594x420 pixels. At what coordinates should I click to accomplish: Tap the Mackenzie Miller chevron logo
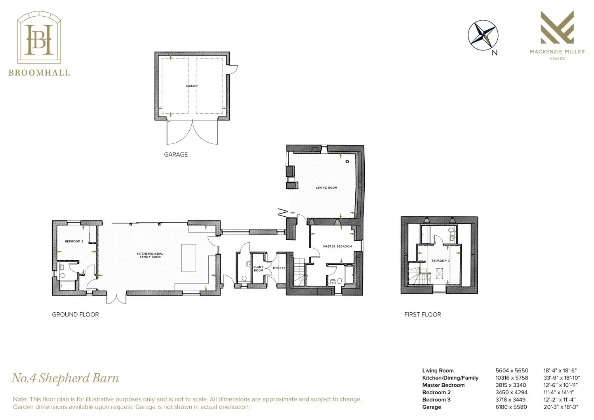tap(557, 27)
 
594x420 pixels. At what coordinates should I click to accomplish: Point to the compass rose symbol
tap(483, 35)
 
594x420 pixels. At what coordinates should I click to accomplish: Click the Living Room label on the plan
tap(326, 187)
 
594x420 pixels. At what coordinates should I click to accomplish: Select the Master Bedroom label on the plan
tap(337, 246)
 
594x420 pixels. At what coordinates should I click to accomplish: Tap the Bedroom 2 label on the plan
tap(74, 241)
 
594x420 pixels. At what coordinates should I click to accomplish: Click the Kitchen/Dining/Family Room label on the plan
tap(150, 255)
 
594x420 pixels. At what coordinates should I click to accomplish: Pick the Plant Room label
tap(258, 269)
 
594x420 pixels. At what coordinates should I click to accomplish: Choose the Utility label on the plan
tap(279, 268)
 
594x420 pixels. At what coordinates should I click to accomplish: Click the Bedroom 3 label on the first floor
tap(441, 261)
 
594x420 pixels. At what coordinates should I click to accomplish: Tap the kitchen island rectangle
tap(188, 258)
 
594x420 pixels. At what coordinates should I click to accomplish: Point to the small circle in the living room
tap(347, 162)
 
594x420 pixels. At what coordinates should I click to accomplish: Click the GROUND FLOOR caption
tap(75, 315)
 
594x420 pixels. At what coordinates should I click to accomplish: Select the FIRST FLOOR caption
tap(423, 315)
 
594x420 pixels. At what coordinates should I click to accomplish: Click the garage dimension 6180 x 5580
tap(511, 407)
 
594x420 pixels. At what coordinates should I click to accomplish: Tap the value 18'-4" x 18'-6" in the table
tap(560, 370)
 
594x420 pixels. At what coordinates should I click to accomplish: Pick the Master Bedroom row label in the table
tap(444, 385)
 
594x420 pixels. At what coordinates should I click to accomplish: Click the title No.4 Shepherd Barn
tap(65, 378)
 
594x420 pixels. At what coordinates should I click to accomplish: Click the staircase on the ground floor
tap(299, 272)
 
